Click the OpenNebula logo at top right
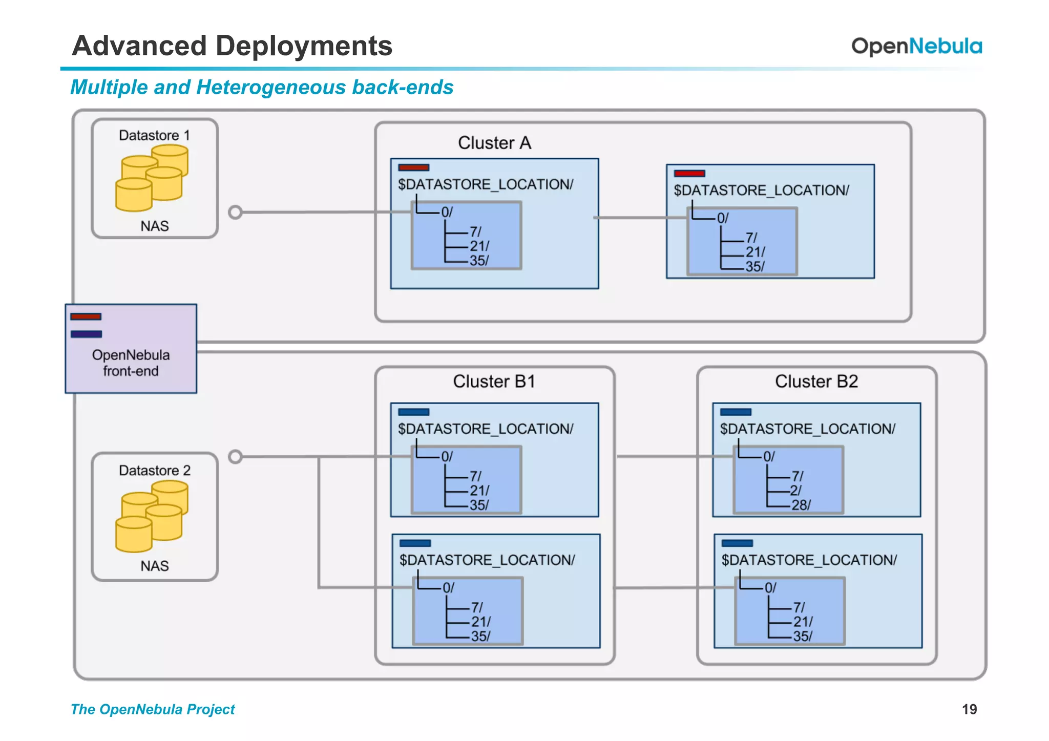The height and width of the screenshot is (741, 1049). click(x=916, y=46)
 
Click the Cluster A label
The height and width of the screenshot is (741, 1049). click(x=494, y=143)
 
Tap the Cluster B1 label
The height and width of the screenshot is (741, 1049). click(x=494, y=382)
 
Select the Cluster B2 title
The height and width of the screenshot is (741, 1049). click(x=816, y=382)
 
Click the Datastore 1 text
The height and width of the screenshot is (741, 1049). click(x=154, y=135)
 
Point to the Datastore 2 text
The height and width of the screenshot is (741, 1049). click(x=154, y=470)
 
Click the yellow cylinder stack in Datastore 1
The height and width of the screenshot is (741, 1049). click(x=152, y=178)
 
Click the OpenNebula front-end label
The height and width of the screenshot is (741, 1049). click(x=131, y=363)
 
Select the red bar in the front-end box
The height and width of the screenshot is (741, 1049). click(x=86, y=316)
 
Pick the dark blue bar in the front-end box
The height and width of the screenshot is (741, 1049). click(x=86, y=334)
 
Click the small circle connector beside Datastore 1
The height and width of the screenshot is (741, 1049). click(x=235, y=212)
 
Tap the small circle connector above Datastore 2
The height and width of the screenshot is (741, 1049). click(x=235, y=456)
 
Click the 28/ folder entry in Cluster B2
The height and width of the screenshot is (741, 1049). click(x=801, y=505)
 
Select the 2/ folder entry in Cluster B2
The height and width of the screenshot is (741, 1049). click(x=795, y=490)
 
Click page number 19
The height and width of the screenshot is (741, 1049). click(x=969, y=709)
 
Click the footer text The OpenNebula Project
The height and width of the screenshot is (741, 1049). click(x=153, y=709)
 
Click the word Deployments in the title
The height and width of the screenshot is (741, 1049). click(x=304, y=46)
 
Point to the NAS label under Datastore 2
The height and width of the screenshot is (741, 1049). click(x=154, y=566)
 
